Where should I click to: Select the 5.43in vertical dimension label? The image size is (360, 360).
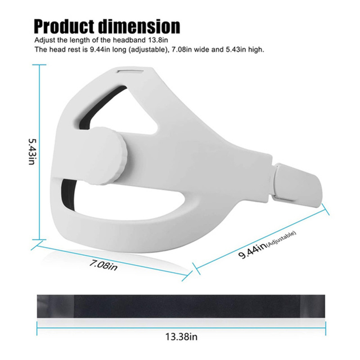31,152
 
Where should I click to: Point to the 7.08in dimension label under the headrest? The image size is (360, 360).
103,265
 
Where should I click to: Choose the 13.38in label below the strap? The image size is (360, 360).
181,337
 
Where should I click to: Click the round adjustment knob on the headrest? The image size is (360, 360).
108,156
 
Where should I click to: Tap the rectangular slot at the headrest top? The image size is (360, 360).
130,71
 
